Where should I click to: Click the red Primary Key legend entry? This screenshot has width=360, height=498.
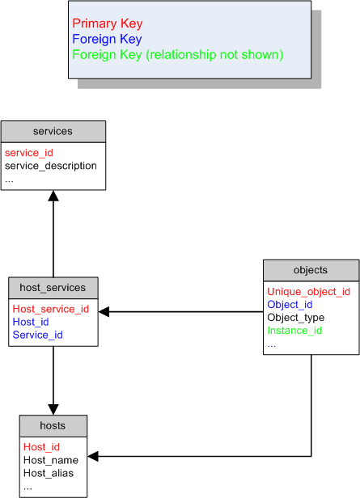coord(108,23)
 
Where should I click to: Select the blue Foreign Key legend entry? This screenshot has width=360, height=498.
coord(107,39)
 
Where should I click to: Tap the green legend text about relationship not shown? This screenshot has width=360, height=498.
coord(178,55)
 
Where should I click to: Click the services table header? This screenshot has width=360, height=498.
coord(53,132)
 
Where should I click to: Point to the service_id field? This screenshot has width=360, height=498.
coord(29,153)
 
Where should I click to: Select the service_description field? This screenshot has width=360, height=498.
coord(51,166)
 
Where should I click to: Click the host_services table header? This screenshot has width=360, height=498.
coord(53,288)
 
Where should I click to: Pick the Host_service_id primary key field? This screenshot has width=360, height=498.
coord(51,309)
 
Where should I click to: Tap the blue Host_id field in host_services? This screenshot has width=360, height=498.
coord(31,322)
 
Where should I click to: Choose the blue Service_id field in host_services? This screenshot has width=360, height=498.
coord(38,335)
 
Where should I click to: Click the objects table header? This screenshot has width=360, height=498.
coord(311,270)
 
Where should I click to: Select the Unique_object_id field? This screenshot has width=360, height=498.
coord(309,292)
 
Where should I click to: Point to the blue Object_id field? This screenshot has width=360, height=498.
coord(290,305)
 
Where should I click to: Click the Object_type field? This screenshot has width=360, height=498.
coord(296,318)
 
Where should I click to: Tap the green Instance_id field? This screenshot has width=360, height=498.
coord(294,331)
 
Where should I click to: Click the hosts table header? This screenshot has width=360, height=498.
coord(53,426)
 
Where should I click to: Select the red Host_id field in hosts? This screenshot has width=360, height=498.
coord(41,447)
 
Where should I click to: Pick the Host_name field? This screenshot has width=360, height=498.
coord(51,460)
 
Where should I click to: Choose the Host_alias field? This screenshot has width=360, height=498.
coord(49,473)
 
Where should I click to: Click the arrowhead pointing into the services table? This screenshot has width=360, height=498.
coord(53,196)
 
